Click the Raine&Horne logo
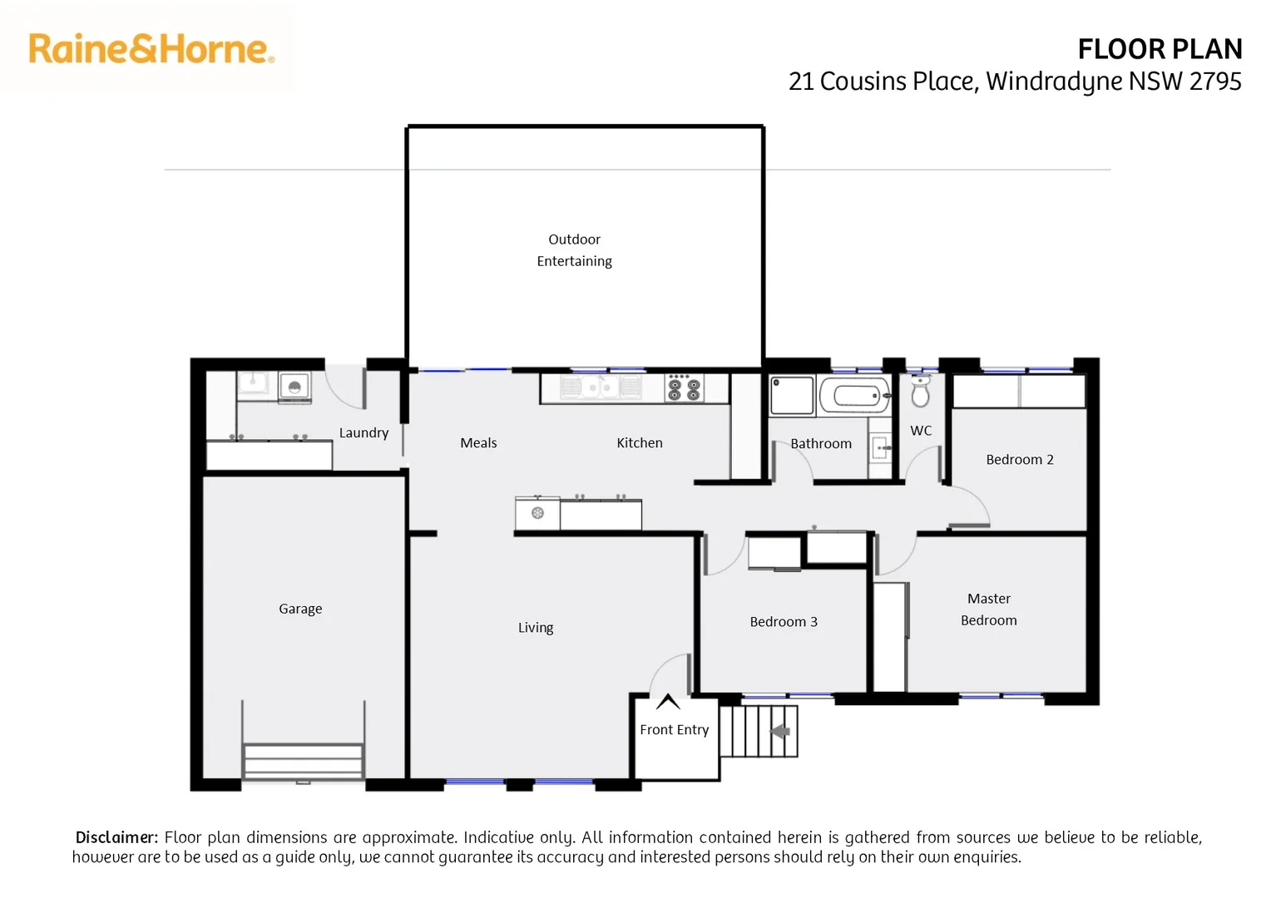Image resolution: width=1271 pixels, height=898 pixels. coord(151,49)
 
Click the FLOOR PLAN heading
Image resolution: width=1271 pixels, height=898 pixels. coord(1159,50)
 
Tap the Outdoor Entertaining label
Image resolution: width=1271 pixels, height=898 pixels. coord(574,250)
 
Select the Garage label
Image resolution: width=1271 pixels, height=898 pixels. coord(300,609)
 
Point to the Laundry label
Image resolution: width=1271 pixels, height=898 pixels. coord(363,432)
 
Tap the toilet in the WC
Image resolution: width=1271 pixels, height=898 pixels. coord(920,392)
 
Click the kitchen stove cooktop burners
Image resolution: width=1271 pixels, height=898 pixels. coord(684,387)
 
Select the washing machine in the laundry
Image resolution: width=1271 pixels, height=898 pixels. coord(294,387)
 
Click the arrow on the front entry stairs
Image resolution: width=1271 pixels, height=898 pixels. coord(780,731)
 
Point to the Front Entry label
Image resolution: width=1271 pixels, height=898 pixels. coord(674,729)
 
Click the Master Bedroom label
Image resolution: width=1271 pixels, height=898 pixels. coord(988,609)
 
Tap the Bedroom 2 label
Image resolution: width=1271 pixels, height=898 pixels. coord(1019,460)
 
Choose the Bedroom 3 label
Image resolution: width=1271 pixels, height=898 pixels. coord(783,622)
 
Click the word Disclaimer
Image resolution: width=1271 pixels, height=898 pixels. coord(116,837)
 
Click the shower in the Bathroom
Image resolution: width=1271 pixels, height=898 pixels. coord(792,395)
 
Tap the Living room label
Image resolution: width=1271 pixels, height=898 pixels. coord(535,628)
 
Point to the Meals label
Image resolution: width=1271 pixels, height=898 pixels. coord(478,443)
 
